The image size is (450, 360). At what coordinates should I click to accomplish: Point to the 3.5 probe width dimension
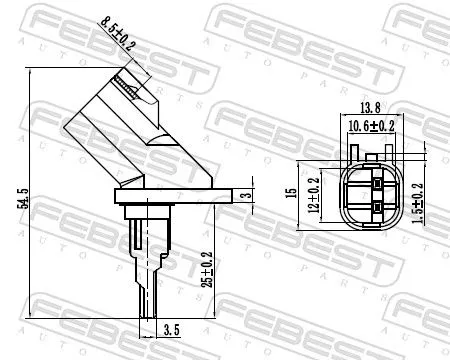[170, 326]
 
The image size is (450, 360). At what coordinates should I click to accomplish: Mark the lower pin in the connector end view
[374, 208]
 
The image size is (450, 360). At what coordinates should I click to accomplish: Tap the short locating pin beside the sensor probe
[135, 240]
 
